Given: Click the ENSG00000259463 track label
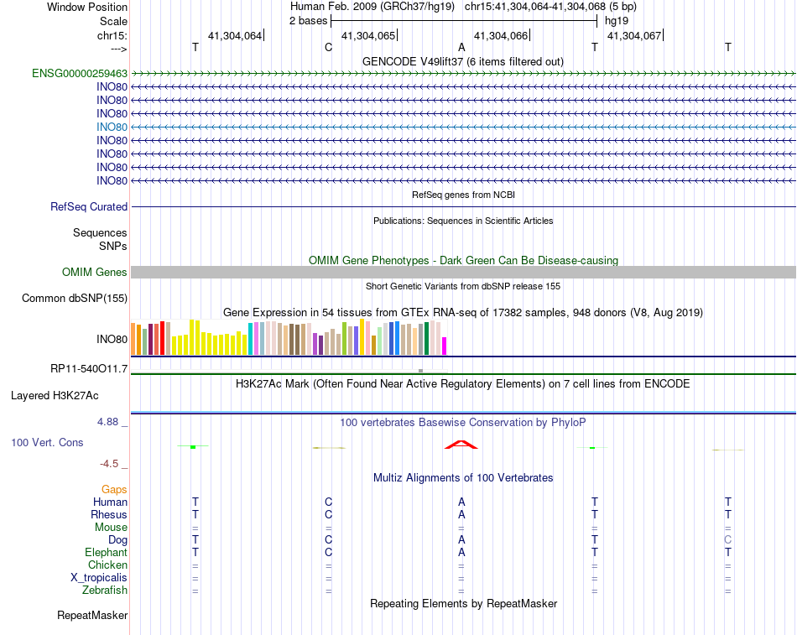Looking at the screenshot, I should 80,73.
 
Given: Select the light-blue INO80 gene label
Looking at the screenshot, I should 112,127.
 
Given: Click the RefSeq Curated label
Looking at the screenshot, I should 89,206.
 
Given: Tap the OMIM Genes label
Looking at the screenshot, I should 95,272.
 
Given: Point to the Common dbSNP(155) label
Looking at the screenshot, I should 75,298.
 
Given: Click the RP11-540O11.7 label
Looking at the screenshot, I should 89,368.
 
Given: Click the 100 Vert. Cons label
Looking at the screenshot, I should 46,441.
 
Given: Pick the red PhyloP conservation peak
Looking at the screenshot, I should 461,445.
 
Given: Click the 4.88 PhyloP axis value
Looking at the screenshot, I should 109,422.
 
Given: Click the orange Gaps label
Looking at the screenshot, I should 114,489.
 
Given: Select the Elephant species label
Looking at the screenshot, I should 106,553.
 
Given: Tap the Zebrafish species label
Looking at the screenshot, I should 105,591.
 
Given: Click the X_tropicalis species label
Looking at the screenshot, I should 99,578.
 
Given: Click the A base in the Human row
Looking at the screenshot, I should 461,502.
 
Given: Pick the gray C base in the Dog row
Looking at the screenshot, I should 728,540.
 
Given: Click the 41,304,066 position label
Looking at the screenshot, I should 501,35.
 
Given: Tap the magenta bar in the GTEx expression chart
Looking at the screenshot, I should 445,346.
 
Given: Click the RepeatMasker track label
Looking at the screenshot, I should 92,616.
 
